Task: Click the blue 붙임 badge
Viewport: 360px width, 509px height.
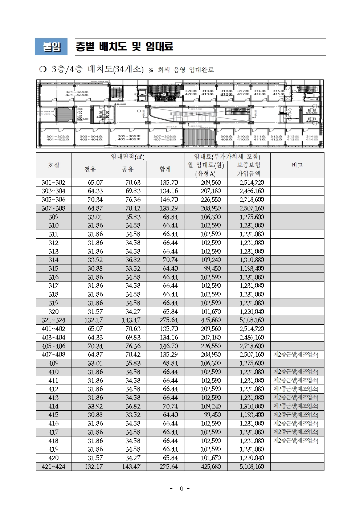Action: (51, 46)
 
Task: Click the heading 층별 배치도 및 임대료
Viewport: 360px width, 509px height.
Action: (124, 46)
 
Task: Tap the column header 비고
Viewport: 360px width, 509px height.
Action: (297, 165)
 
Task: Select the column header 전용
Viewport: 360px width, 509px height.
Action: (90, 169)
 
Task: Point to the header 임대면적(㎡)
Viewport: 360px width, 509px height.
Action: (127, 157)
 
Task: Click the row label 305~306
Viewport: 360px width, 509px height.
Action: (54, 200)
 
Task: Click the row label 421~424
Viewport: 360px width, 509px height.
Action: (54, 467)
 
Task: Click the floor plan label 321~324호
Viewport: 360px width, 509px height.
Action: (77, 94)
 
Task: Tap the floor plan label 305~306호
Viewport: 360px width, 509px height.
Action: (129, 137)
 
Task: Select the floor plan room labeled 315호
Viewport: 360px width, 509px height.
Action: (279, 92)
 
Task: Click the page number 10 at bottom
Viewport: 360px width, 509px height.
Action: (180, 489)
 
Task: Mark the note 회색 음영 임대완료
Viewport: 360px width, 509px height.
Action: (185, 70)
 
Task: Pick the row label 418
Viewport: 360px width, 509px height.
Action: (54, 441)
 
